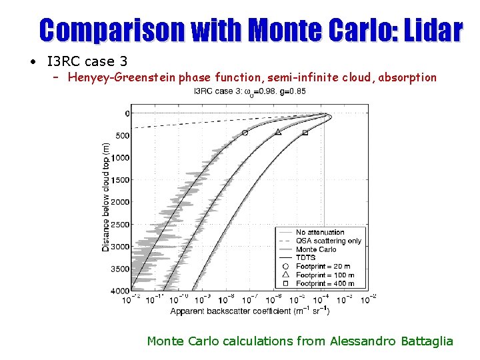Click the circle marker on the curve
245,133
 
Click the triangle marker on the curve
278,132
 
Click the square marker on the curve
305,133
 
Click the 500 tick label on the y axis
122,136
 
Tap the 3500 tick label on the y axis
120,269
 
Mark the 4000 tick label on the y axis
120,291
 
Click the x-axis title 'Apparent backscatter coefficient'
250,311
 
